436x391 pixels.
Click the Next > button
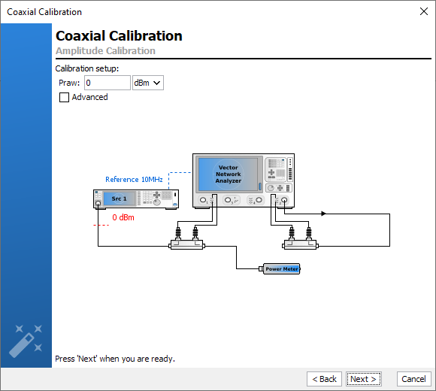(x=363, y=379)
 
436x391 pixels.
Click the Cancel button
(x=413, y=379)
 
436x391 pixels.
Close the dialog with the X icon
(x=424, y=11)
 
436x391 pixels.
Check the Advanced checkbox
(x=64, y=97)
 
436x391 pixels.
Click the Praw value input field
(x=107, y=83)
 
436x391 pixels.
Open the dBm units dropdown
(x=148, y=83)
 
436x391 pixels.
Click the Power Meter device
(x=280, y=269)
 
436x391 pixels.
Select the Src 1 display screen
(x=120, y=199)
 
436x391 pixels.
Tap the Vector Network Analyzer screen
(x=228, y=174)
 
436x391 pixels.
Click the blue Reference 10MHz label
(x=134, y=180)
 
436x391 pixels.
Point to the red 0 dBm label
(x=123, y=217)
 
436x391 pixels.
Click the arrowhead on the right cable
(x=323, y=214)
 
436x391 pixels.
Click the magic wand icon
(x=26, y=341)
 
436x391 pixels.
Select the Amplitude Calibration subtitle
(x=105, y=51)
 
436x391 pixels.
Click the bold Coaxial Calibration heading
(x=119, y=36)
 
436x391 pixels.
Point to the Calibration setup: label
(x=87, y=68)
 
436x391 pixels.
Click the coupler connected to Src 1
(x=187, y=245)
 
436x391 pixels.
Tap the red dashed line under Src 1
(x=101, y=225)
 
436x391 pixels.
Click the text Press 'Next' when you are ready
(x=115, y=359)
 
